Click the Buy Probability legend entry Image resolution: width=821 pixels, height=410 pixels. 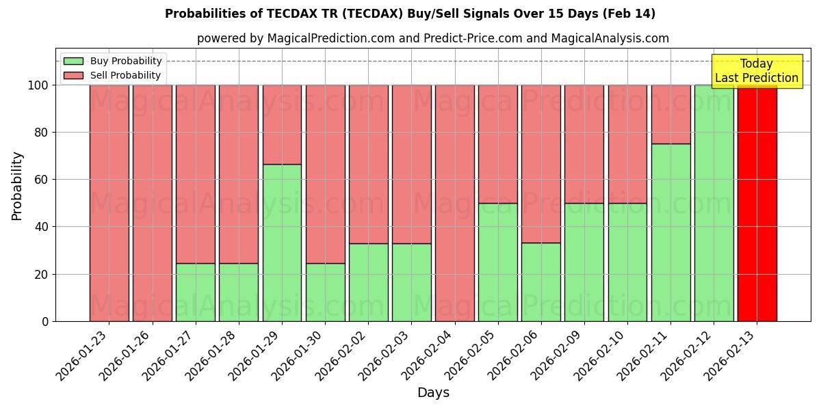click(113, 61)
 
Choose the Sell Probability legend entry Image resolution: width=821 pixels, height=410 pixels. click(113, 75)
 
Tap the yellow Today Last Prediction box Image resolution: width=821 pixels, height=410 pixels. click(756, 71)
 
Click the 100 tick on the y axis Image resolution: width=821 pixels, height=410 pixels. click(38, 85)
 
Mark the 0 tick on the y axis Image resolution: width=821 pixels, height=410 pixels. click(44, 321)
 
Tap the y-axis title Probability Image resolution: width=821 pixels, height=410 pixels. click(17, 185)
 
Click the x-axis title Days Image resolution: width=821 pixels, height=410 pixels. click(433, 392)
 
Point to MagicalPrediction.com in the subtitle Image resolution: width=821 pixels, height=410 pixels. click(330, 38)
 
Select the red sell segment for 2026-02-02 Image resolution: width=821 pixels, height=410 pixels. click(368, 164)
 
